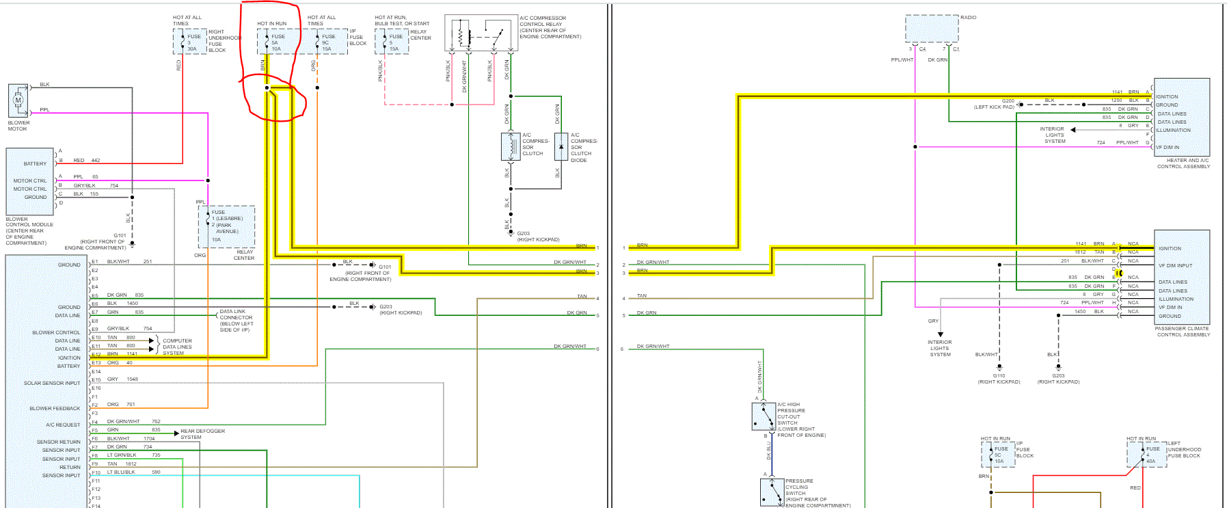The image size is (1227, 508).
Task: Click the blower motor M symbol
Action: point(18,101)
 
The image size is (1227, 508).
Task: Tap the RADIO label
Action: point(968,18)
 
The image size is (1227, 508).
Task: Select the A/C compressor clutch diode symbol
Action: point(561,146)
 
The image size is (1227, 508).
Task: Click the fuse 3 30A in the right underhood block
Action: point(183,42)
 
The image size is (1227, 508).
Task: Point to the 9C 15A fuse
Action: point(317,42)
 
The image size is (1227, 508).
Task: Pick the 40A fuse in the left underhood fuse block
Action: point(1142,455)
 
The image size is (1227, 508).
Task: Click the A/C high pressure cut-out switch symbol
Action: point(764,416)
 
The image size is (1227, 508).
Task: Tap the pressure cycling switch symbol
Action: point(772,491)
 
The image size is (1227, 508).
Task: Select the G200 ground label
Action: point(1008,101)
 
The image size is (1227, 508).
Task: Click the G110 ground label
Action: point(999,375)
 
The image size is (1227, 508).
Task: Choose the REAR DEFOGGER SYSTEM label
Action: point(202,434)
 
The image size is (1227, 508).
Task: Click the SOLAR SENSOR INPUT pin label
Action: point(52,384)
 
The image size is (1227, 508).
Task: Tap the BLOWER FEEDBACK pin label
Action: point(55,409)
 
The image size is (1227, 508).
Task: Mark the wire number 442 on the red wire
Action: point(96,161)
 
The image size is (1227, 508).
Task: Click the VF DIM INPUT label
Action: point(1175,265)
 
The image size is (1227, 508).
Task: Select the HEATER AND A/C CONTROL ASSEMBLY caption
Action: point(1183,163)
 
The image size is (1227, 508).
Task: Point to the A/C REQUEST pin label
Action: point(63,425)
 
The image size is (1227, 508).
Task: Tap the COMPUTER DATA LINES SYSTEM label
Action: point(177,347)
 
